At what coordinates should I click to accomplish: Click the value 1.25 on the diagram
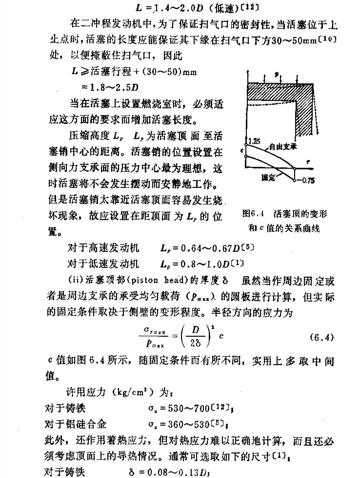coord(254,141)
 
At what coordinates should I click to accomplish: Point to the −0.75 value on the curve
coord(307,180)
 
